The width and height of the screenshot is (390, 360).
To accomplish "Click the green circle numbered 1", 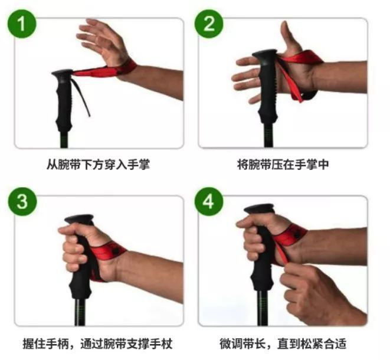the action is click(22, 24).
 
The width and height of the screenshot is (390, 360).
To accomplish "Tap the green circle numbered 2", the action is click(209, 24).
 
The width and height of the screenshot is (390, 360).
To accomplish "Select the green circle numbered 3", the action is click(22, 201).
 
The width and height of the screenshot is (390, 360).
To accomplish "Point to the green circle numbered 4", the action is click(209, 201).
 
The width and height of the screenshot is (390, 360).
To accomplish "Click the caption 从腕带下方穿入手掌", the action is click(99, 165).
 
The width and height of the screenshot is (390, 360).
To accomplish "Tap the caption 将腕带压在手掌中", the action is click(283, 165).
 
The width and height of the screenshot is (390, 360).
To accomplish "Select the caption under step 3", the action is click(98, 344).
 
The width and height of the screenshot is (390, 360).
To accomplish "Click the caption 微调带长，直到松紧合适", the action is click(283, 344).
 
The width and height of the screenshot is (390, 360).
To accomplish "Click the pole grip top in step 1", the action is click(62, 73).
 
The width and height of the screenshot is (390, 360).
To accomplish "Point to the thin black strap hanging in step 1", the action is click(81, 97).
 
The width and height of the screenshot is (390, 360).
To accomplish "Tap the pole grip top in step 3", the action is click(79, 219).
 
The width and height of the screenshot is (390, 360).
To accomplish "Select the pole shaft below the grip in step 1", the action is click(64, 139).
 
